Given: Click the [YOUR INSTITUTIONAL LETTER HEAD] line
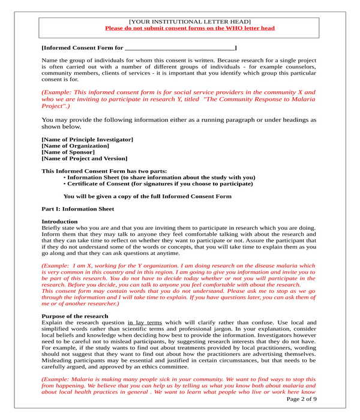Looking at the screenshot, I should click(190, 22).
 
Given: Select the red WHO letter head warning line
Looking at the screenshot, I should click(190, 28).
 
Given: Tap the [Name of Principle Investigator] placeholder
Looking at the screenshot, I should click(87, 139).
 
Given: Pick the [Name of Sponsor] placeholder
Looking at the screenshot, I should click(68, 152).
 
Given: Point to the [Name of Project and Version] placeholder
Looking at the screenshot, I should click(84, 159).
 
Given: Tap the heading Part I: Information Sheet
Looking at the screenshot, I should click(77, 209).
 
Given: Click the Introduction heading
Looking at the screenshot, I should click(59, 222).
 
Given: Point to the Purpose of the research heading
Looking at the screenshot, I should click(74, 316).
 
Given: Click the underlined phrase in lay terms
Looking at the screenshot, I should click(145, 323).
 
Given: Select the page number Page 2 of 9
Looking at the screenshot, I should click(302, 399).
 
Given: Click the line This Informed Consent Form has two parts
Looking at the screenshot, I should click(104, 171).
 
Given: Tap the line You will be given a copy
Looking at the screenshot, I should click(147, 196).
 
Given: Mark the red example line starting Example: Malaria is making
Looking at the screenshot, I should click(178, 380).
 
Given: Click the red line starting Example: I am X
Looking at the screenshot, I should click(178, 265).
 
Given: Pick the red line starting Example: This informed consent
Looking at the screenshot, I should click(178, 92).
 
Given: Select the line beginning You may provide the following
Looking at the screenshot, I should click(178, 120).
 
